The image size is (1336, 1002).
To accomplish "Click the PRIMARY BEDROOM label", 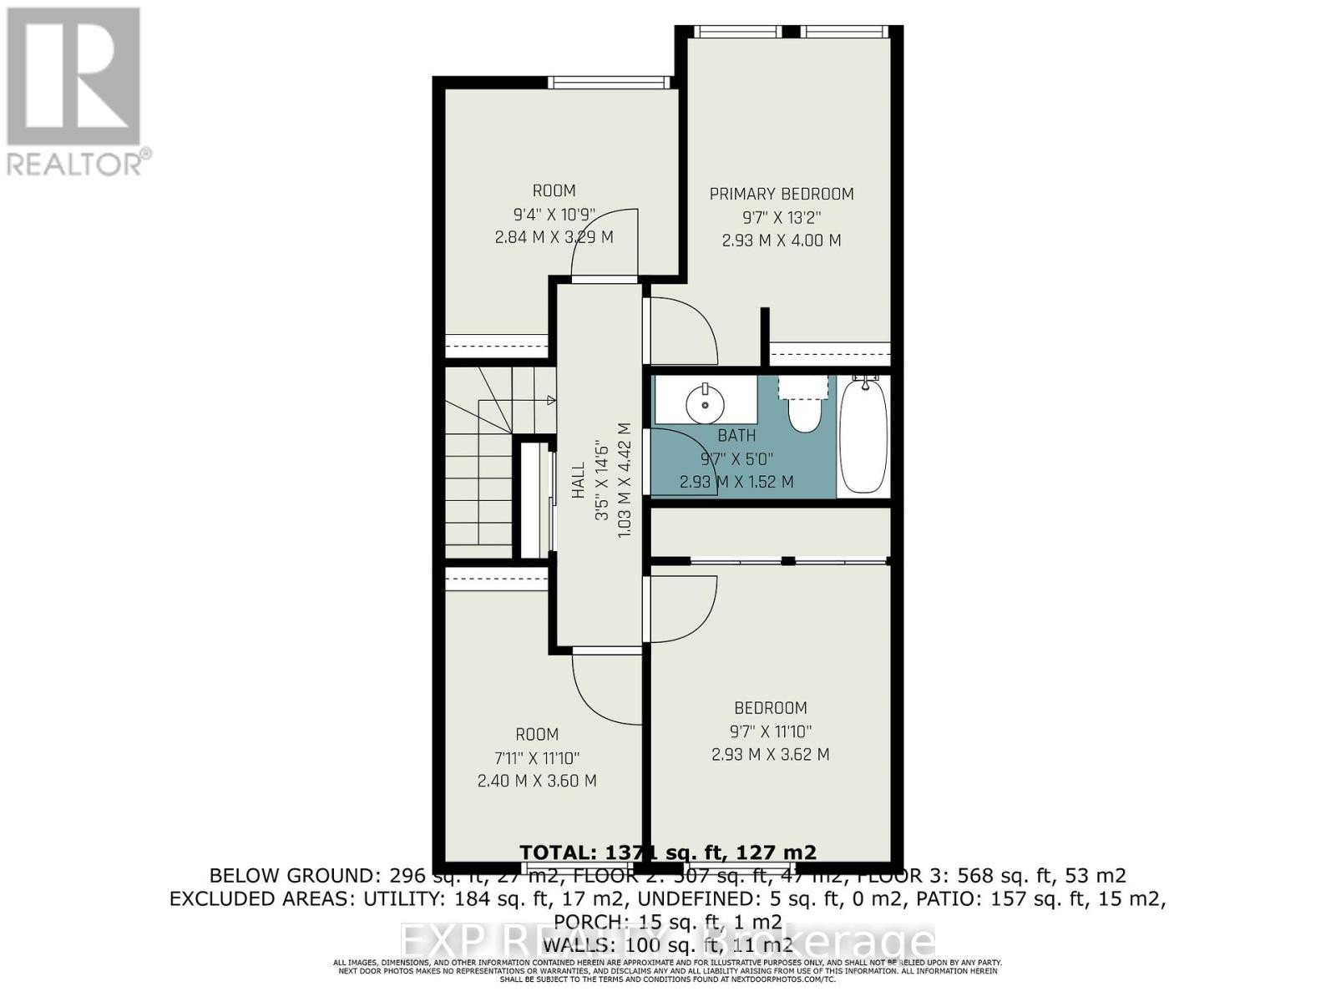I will (781, 194).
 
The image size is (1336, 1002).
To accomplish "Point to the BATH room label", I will (736, 435).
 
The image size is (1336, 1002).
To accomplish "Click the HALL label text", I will (578, 481).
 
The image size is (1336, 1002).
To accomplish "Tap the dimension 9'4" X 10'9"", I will (554, 214).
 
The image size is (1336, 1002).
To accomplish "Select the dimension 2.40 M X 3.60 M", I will (536, 781).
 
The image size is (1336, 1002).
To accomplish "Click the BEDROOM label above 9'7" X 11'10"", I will (770, 708).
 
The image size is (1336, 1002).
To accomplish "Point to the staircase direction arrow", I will (550, 401).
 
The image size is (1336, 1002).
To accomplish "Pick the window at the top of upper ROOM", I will (609, 82).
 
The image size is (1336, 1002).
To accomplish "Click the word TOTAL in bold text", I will (553, 852).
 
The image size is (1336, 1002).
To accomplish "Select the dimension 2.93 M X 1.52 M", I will (736, 482).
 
